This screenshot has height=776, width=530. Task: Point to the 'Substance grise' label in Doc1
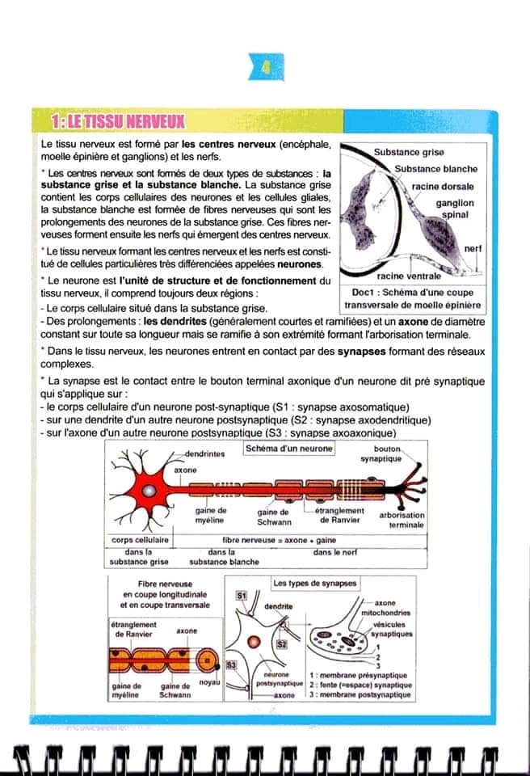click(408, 152)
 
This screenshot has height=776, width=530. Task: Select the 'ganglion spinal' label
click(455, 209)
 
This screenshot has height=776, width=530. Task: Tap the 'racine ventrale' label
click(409, 276)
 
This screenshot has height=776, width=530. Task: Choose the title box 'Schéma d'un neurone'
click(288, 449)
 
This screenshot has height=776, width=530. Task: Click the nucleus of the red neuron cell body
click(149, 490)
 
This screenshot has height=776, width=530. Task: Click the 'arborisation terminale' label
click(401, 520)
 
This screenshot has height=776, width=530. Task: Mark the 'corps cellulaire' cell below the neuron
click(139, 539)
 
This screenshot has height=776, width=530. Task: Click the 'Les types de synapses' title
click(314, 582)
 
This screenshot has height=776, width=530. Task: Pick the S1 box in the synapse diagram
click(240, 595)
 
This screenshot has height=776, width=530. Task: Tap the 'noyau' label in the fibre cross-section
click(209, 683)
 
